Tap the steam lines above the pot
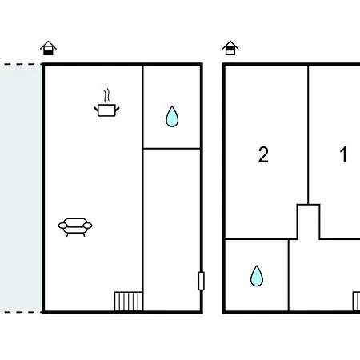point(106,95)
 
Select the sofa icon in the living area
point(75,227)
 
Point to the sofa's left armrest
point(62,226)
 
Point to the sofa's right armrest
point(87,226)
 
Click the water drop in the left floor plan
point(172,117)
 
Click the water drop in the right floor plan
point(257,276)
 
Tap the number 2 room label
point(263,154)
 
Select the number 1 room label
point(344,154)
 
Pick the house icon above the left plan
point(48,48)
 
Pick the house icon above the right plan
point(230,48)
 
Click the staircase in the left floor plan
point(128,302)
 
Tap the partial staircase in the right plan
point(356,302)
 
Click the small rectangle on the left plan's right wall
point(202,281)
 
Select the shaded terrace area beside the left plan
point(20,188)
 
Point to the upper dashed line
point(19,64)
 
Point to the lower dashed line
point(19,312)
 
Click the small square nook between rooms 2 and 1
point(308,222)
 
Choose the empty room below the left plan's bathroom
point(172,230)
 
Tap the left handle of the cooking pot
point(96,109)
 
